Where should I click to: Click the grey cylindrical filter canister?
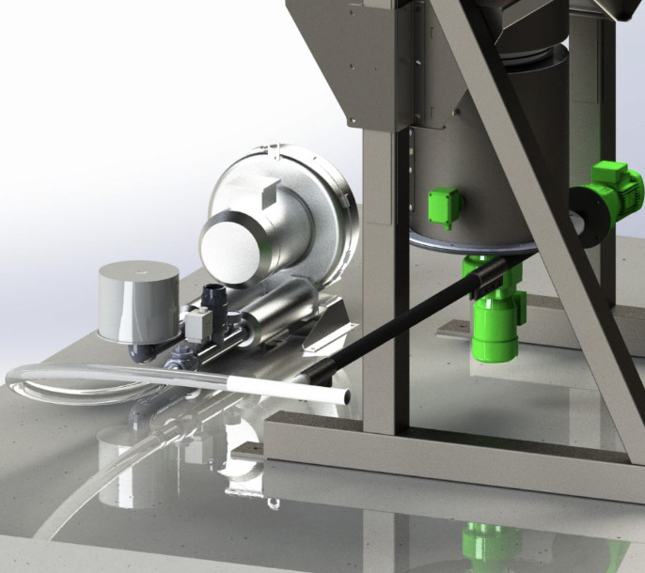click(x=139, y=299)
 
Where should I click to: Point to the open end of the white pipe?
click(x=349, y=398)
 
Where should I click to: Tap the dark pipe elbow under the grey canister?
click(x=142, y=352)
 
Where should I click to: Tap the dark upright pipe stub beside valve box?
click(x=215, y=300)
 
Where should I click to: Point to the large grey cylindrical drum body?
click(x=489, y=169)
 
